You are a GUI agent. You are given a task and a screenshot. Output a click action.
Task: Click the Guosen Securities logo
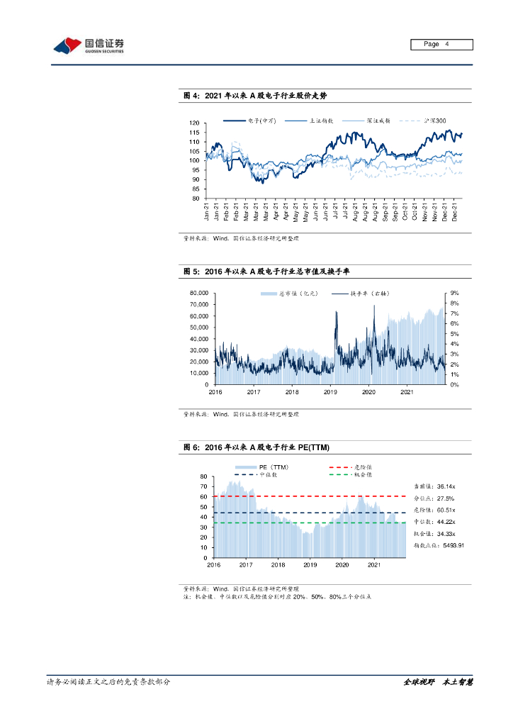click(x=89, y=46)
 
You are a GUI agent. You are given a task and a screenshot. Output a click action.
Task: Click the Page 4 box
click(x=441, y=45)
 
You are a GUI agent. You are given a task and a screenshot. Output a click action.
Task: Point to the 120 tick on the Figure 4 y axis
click(x=193, y=124)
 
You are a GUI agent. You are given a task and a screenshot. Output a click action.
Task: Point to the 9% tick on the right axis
click(x=455, y=293)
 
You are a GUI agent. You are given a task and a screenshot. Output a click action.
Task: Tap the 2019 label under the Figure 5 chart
click(x=330, y=391)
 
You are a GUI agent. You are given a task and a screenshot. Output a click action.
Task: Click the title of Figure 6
click(x=256, y=447)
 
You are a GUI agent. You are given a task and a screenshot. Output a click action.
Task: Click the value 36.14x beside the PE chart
click(x=446, y=486)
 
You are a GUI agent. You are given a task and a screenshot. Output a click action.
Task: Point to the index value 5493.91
click(x=448, y=544)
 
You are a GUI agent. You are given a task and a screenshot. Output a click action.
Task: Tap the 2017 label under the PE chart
click(x=246, y=564)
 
